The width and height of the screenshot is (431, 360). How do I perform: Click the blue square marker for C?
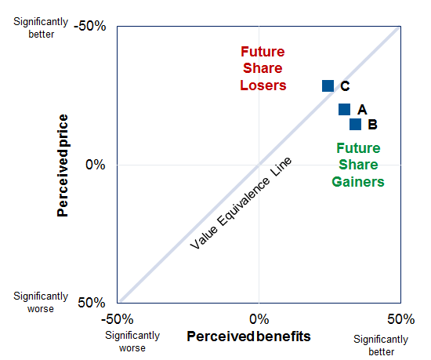click(328, 85)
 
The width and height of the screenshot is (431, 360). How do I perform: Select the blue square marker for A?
click(344, 110)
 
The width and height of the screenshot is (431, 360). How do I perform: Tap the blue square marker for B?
click(355, 124)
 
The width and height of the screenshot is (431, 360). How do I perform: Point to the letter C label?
click(345, 86)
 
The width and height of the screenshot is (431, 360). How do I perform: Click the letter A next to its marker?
click(362, 110)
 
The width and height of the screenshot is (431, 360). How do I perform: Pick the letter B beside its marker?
click(372, 124)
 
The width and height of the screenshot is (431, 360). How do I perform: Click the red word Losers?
click(263, 85)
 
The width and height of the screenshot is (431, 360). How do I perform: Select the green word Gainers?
click(357, 181)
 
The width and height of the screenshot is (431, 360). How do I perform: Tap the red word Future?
click(263, 53)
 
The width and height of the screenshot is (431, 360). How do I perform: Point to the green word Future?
click(358, 147)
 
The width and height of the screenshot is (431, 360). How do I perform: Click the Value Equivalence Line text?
click(241, 203)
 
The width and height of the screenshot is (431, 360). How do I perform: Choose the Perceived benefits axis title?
click(248, 336)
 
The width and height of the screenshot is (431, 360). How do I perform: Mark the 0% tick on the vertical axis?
click(96, 165)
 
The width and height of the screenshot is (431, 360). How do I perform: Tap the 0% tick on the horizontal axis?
click(259, 318)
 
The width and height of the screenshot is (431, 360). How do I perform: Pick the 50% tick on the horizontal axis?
click(400, 318)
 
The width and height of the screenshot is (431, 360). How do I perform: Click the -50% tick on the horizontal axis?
click(118, 318)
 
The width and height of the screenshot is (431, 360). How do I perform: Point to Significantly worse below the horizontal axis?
click(132, 342)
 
